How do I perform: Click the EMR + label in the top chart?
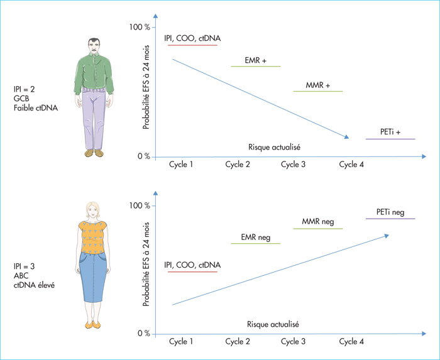click(x=255, y=60)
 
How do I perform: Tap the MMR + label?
click(x=317, y=85)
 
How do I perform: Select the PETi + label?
click(x=390, y=132)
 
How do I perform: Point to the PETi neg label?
click(x=390, y=212)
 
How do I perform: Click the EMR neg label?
click(x=256, y=237)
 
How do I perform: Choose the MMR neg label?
click(x=318, y=222)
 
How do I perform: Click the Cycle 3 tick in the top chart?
click(x=293, y=165)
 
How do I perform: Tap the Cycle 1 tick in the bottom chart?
click(x=181, y=342)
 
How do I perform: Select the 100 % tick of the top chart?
click(x=140, y=27)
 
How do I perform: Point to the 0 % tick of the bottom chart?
click(x=144, y=334)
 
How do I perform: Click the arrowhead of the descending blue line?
click(x=346, y=137)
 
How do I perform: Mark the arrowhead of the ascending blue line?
click(x=387, y=236)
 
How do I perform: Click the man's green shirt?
click(x=94, y=72)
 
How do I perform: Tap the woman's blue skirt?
click(x=93, y=277)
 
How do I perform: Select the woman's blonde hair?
click(x=93, y=209)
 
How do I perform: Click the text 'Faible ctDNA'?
click(x=36, y=108)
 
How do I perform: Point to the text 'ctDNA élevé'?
click(x=34, y=285)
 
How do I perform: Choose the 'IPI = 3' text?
click(x=24, y=266)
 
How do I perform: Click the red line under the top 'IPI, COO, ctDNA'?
click(x=192, y=45)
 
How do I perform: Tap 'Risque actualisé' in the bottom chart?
click(x=273, y=324)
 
